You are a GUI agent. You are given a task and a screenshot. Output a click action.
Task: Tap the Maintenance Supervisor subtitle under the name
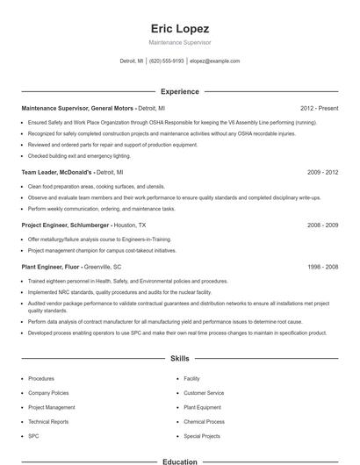click(180, 42)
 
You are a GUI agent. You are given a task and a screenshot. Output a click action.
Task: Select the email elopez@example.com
click(215, 61)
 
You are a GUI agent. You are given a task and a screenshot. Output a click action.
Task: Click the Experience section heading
click(180, 91)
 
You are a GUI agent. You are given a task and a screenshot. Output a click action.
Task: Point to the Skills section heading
click(180, 359)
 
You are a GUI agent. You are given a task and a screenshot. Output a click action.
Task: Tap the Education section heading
click(180, 461)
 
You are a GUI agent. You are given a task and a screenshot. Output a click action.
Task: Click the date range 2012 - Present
click(319, 108)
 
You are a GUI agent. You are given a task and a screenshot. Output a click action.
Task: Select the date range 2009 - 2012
click(322, 173)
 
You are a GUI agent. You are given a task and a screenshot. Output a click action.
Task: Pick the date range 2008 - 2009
click(322, 225)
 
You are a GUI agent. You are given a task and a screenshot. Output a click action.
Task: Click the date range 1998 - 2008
click(322, 266)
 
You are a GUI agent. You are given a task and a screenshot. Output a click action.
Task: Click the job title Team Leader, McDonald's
click(55, 173)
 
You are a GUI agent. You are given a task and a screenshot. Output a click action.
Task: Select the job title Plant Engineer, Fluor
click(51, 266)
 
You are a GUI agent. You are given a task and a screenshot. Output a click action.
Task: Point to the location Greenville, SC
click(104, 266)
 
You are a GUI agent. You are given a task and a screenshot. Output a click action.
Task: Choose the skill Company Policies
click(48, 393)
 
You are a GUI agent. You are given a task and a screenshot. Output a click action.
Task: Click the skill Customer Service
click(204, 393)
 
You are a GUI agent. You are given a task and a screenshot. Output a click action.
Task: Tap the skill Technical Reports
click(48, 421)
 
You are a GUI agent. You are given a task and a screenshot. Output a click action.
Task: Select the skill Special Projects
click(202, 435)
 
